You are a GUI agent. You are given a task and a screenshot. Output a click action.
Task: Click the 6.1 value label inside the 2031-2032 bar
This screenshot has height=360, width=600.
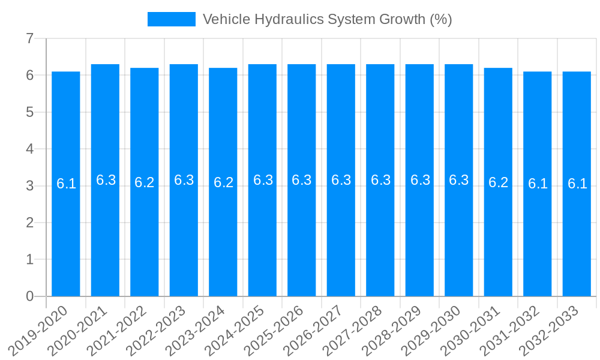538,184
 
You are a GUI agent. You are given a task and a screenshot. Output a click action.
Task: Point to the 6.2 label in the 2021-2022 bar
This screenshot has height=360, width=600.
145,182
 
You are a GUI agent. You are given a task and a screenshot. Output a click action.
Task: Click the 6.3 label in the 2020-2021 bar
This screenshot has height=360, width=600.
106,180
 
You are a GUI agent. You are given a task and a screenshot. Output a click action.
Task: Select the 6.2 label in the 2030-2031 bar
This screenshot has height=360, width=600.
498,182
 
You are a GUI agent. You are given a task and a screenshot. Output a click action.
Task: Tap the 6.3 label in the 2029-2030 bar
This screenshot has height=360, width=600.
459,180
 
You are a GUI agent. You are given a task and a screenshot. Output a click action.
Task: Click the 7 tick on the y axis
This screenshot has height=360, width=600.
29,39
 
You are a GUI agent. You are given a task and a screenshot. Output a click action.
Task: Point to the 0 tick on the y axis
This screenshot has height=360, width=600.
29,296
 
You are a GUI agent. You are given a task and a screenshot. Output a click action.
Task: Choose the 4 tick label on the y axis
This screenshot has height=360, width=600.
29,149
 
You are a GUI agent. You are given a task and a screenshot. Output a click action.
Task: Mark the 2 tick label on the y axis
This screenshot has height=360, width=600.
29,223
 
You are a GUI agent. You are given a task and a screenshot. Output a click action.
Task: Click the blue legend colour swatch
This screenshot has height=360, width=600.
172,19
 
